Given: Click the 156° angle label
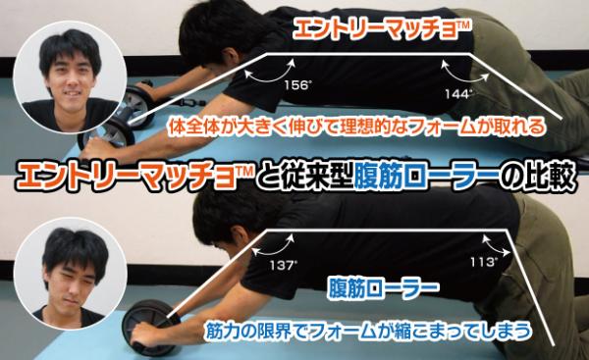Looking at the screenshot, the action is pos(296,85).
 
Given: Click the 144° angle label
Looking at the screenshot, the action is pos(458,94).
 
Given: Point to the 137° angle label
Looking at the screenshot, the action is pos(284,266).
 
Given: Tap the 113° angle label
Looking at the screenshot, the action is pos(485,262).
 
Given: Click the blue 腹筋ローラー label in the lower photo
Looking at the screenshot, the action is pos(383,288).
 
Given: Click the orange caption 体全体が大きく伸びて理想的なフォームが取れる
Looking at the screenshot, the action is pos(355,127).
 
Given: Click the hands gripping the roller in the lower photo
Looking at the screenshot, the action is pos(147,335).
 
